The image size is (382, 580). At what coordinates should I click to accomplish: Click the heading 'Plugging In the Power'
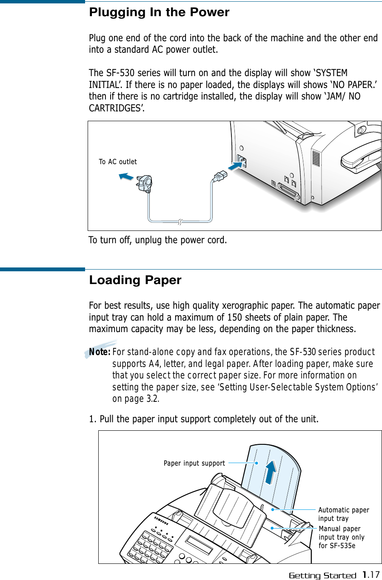tap(159, 12)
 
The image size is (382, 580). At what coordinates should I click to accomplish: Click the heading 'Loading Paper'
tap(135, 280)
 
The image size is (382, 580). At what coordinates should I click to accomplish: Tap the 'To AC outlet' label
tap(118, 162)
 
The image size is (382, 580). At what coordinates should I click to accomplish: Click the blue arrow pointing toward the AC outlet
tap(125, 176)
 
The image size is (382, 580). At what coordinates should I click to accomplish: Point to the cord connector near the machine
tap(220, 176)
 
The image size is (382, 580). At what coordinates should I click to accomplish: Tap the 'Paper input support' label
tap(194, 463)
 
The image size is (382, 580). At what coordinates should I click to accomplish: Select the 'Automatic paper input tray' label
tap(343, 514)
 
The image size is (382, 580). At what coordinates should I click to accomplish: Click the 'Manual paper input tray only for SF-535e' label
tap(341, 537)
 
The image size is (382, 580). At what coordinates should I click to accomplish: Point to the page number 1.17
tap(371, 575)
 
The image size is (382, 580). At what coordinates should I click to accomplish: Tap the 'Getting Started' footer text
tap(322, 576)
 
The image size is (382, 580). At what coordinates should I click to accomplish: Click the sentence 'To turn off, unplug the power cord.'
tap(157, 240)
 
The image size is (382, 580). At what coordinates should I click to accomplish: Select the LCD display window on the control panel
tap(199, 545)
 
